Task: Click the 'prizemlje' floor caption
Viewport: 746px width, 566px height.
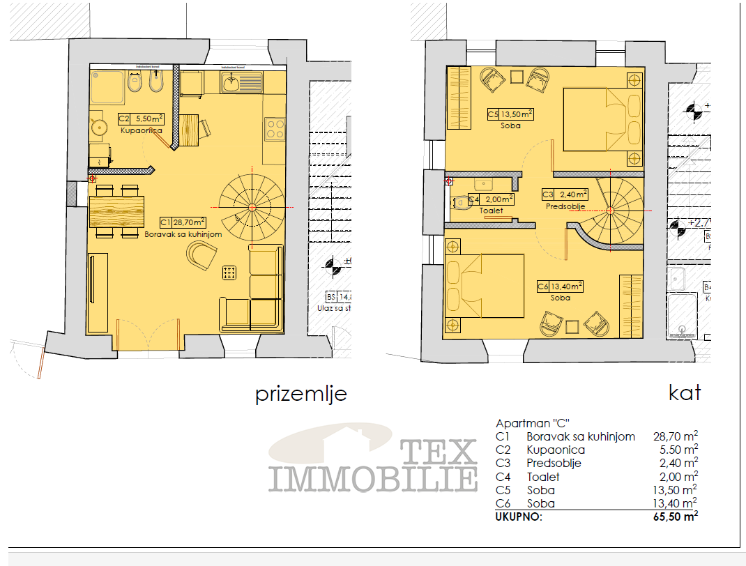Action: [x=300, y=395]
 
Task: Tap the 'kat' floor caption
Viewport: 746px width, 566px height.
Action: [x=684, y=392]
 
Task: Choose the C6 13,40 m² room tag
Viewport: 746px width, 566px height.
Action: [x=559, y=286]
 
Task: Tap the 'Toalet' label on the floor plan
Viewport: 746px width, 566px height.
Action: [x=491, y=210]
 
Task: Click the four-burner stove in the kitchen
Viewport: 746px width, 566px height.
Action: [x=274, y=128]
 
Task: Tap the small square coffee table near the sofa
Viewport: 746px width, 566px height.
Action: [x=229, y=273]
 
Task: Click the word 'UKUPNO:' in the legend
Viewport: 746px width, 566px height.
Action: [x=519, y=517]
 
